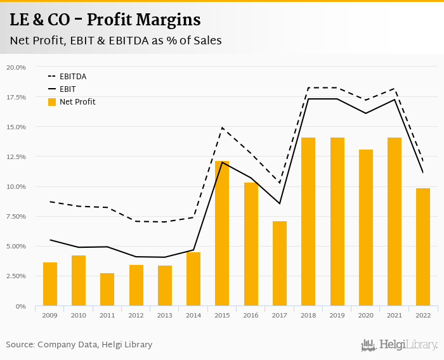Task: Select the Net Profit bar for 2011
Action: click(107, 290)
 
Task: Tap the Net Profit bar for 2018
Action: click(308, 222)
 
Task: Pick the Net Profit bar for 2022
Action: click(423, 247)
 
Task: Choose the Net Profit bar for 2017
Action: click(280, 264)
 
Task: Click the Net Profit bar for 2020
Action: click(366, 228)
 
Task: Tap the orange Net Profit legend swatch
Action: click(52, 102)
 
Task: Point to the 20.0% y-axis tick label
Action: click(16, 67)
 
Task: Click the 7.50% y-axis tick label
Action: click(16, 217)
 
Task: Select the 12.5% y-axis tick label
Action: click(16, 157)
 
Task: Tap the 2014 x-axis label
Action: click(193, 315)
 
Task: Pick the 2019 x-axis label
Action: click(337, 315)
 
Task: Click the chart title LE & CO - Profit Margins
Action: click(105, 20)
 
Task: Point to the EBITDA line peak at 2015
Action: click(223, 128)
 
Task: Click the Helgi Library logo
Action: click(399, 345)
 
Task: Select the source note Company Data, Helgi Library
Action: click(79, 345)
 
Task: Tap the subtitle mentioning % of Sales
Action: click(115, 41)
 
